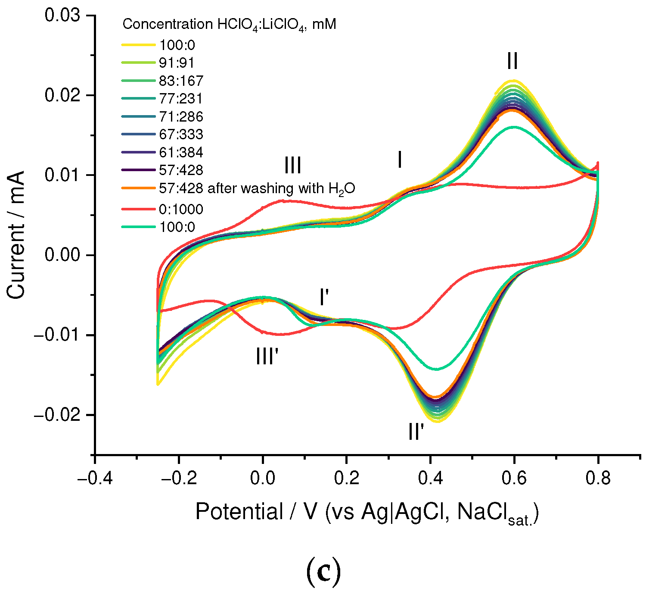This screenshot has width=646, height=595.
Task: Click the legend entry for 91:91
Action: (177, 63)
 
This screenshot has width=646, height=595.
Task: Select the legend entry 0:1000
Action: (181, 210)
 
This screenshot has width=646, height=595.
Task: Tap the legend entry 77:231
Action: (181, 99)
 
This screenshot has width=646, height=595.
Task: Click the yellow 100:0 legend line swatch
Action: (138, 45)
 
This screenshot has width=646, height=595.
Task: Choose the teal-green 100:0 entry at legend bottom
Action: (177, 227)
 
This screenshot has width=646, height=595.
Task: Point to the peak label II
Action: (512, 61)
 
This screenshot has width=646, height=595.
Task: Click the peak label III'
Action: (267, 357)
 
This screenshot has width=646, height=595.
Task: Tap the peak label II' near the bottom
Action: (416, 432)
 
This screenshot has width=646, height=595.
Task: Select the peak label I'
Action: (324, 297)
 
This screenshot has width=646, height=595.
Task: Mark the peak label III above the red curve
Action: (292, 166)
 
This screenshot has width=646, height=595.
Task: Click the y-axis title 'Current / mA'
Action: (16, 235)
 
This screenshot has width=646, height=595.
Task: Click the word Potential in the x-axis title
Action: (239, 512)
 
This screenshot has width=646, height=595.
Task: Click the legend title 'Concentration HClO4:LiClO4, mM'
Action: (229, 25)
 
